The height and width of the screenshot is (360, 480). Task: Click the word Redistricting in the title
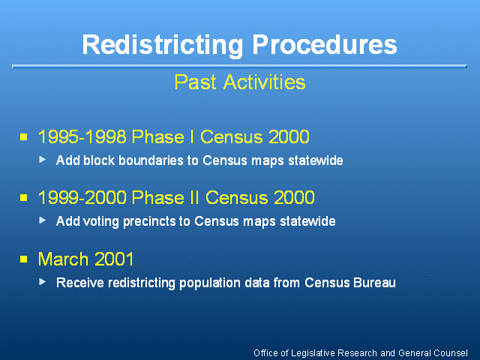click(x=162, y=45)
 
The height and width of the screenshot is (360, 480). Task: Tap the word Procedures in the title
click(x=325, y=44)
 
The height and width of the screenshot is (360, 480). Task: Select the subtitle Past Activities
click(x=240, y=82)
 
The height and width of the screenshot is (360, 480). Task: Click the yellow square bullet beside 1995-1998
click(x=23, y=136)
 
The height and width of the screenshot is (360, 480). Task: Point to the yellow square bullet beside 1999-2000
click(x=23, y=197)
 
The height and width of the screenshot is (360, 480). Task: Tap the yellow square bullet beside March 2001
click(x=23, y=259)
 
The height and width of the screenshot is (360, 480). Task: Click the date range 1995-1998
click(x=82, y=136)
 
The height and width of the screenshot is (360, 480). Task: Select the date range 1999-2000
click(x=82, y=197)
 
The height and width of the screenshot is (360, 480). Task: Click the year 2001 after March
click(x=114, y=259)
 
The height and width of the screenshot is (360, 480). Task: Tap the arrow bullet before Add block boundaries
click(x=43, y=160)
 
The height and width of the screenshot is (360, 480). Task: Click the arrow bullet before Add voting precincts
click(x=43, y=220)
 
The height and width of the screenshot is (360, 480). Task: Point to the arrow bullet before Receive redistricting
click(x=43, y=282)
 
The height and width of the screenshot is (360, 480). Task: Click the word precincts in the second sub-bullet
click(x=148, y=222)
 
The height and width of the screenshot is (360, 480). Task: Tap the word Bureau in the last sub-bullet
click(x=374, y=283)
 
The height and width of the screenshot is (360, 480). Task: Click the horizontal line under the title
click(x=239, y=66)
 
